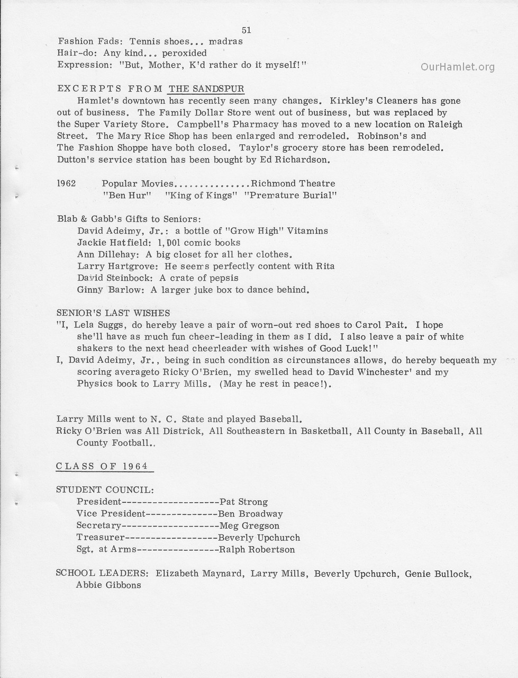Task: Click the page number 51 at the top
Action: click(246, 30)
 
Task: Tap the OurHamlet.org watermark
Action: click(458, 67)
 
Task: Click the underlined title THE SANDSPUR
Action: click(206, 88)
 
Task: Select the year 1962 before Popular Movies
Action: click(66, 183)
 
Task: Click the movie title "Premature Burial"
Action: click(290, 195)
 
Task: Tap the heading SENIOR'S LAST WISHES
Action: click(113, 313)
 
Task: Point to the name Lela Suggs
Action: click(96, 325)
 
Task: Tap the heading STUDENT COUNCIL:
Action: click(105, 490)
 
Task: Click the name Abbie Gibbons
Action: click(108, 585)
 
